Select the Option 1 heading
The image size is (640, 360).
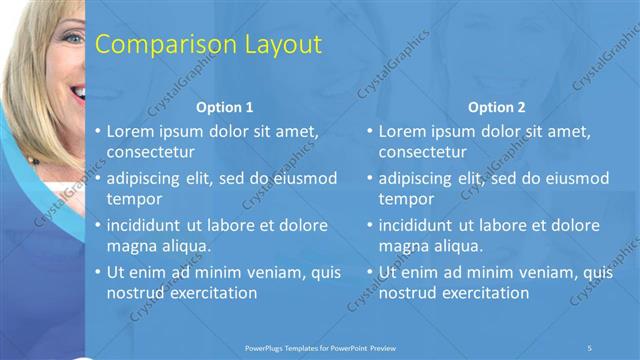click(x=225, y=107)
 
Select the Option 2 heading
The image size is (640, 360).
click(x=497, y=107)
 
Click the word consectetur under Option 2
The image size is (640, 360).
click(x=423, y=152)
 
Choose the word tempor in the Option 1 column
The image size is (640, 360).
click(x=134, y=198)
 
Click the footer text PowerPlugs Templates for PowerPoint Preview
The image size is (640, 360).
click(x=320, y=347)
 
